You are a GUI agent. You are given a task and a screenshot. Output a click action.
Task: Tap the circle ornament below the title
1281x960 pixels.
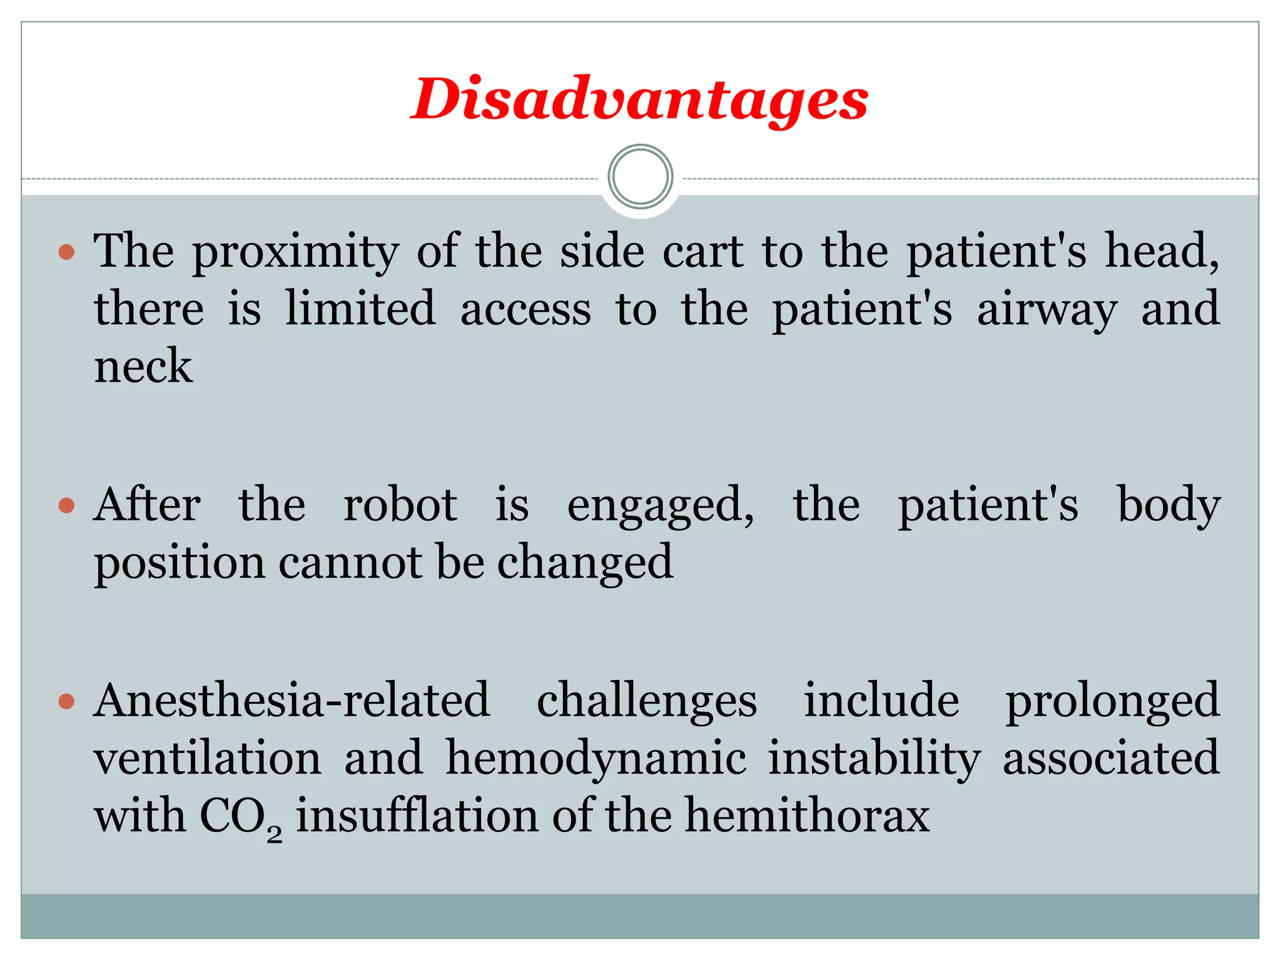click(640, 177)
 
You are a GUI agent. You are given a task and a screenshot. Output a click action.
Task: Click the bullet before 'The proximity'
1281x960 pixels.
click(66, 252)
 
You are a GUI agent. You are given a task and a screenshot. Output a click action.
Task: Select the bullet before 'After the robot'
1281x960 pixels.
click(66, 505)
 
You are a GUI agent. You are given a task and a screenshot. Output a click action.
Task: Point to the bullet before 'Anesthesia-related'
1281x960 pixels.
click(66, 701)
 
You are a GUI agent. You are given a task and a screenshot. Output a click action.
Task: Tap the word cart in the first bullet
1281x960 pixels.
click(703, 251)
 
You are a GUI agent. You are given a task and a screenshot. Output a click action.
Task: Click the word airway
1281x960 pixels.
click(1047, 310)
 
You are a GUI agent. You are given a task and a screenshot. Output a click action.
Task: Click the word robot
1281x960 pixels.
click(400, 505)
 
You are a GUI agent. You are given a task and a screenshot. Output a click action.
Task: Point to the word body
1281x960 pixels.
click(1168, 505)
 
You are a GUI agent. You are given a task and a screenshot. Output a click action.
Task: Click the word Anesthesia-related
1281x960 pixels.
click(291, 700)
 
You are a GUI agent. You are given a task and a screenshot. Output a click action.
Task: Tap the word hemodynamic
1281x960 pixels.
click(595, 759)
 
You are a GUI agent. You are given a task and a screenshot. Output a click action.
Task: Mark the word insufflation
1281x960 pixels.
click(417, 816)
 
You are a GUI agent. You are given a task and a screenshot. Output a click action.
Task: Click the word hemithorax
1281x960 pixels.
click(808, 816)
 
